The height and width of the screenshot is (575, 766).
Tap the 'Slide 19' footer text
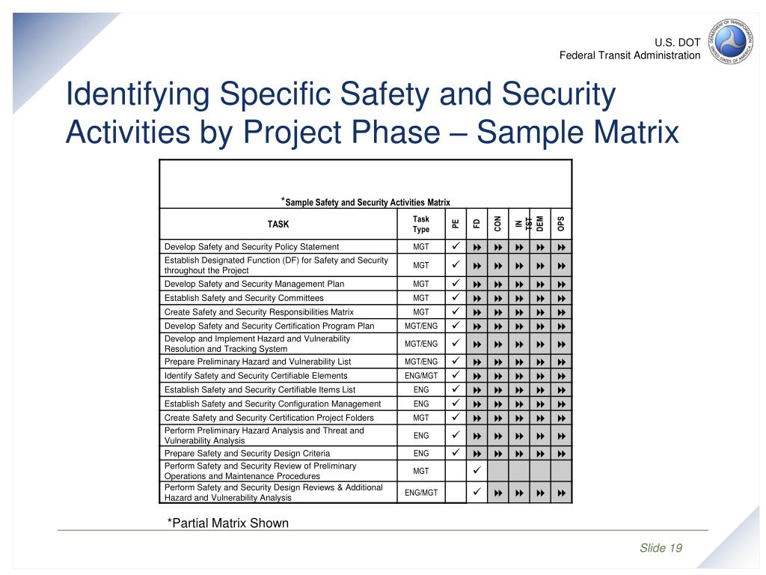(x=661, y=548)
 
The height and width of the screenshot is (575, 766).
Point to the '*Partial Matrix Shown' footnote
(x=227, y=523)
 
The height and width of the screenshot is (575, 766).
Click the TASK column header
(x=278, y=224)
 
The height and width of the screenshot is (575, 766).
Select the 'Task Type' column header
(x=421, y=224)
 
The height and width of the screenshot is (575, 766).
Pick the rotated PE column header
(x=455, y=224)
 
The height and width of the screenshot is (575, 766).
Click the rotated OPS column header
(x=561, y=224)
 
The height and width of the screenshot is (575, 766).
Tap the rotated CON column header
(x=497, y=224)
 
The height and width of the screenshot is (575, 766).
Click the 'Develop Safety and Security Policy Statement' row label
(x=251, y=246)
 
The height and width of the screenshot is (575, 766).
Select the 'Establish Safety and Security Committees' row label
(x=244, y=298)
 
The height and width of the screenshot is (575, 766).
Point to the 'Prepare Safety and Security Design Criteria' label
(x=247, y=453)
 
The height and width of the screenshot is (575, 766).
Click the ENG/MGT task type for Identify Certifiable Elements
(x=421, y=375)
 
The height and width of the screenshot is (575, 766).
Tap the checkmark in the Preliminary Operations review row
(x=477, y=470)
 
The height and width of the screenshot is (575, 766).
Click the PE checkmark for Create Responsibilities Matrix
(x=455, y=311)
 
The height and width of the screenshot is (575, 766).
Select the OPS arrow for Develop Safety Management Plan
(x=561, y=285)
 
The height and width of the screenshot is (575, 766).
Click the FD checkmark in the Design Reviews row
(x=477, y=492)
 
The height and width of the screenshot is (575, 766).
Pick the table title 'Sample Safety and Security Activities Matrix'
(x=367, y=201)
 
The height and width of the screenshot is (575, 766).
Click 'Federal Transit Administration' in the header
(x=630, y=55)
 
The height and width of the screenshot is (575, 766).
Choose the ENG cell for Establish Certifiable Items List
(x=421, y=389)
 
